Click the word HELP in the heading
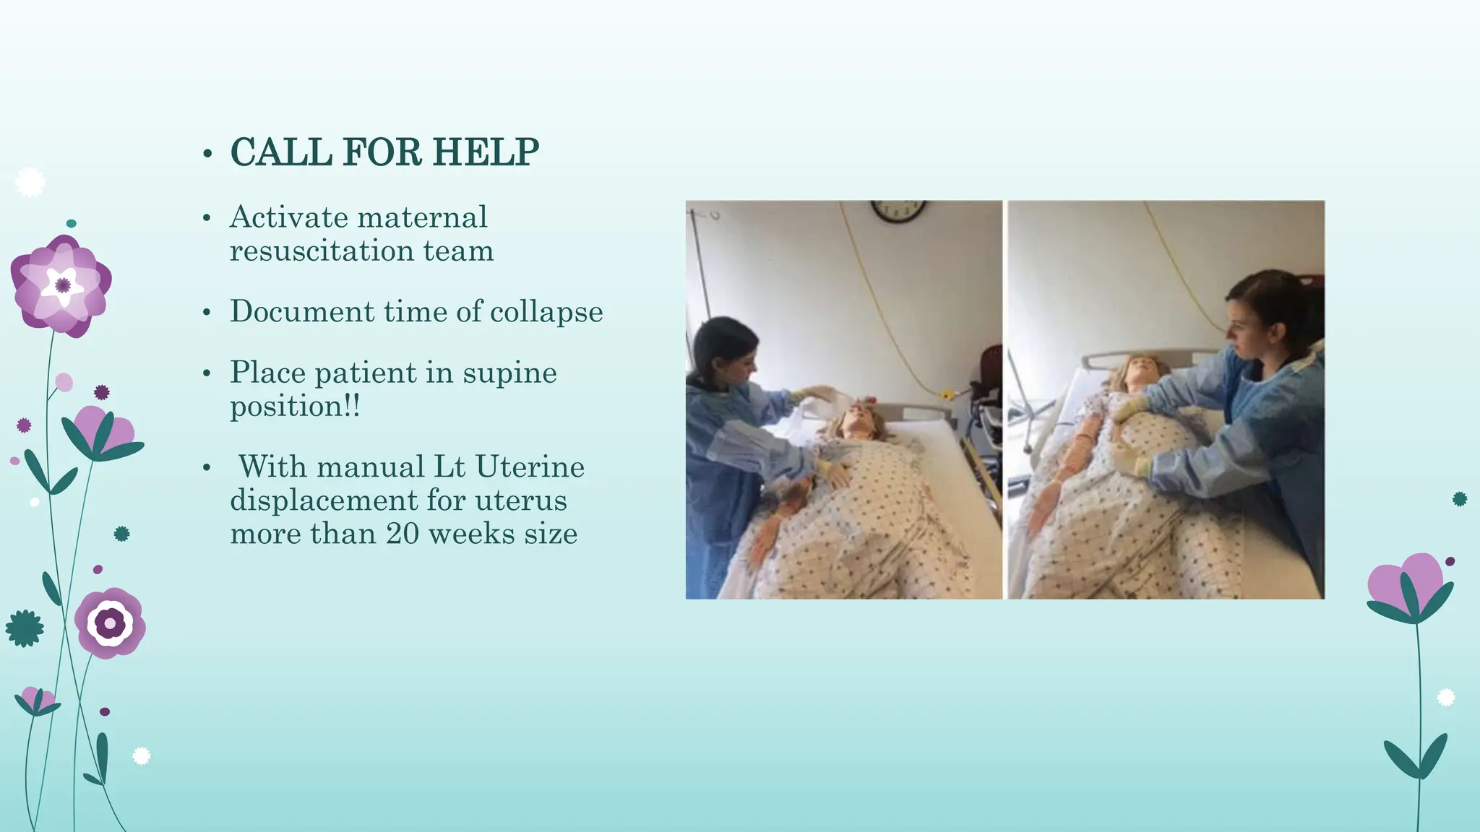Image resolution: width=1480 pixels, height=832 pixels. pyautogui.click(x=486, y=152)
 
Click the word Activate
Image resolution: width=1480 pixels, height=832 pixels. pyautogui.click(x=287, y=217)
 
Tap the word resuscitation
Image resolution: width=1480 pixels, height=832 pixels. pyautogui.click(x=322, y=251)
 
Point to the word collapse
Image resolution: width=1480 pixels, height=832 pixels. pyautogui.click(x=546, y=312)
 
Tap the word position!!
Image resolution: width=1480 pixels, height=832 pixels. pyautogui.click(x=294, y=407)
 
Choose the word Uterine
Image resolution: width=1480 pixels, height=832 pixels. pyautogui.click(x=530, y=467)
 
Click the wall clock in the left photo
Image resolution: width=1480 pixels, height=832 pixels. pyautogui.click(x=898, y=210)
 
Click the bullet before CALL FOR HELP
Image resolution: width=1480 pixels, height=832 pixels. pyautogui.click(x=207, y=154)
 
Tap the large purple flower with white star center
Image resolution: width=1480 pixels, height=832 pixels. pyautogui.click(x=61, y=285)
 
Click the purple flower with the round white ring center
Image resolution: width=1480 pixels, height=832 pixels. pyautogui.click(x=110, y=623)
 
